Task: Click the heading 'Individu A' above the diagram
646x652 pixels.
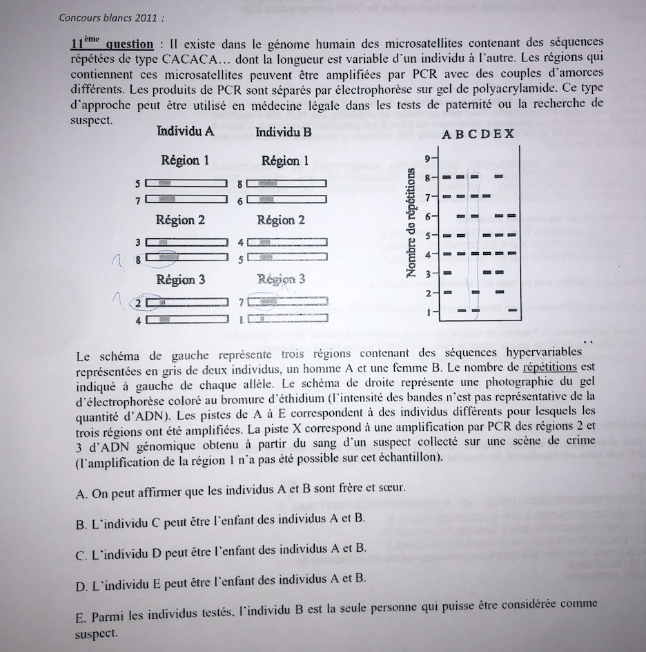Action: point(185,132)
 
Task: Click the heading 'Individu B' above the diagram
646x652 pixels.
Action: point(284,132)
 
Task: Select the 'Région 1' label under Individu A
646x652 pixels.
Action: point(185,160)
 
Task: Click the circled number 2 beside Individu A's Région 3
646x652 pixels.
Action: point(139,303)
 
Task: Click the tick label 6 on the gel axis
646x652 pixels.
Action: point(428,216)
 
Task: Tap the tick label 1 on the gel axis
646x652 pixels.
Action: point(428,311)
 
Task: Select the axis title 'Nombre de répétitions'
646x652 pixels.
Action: point(412,223)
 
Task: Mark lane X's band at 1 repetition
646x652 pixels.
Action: point(511,311)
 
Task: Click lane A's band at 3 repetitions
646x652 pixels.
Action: point(447,274)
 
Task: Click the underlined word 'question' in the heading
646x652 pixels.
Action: point(130,44)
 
